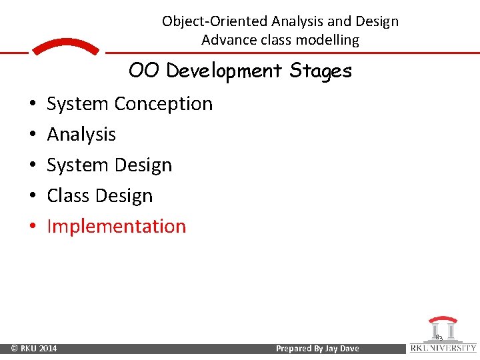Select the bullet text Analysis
click(81, 135)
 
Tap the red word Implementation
click(117, 227)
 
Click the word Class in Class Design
click(67, 196)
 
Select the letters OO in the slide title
click(145, 70)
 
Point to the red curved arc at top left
click(66, 46)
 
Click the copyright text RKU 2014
click(33, 349)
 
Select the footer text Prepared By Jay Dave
click(317, 349)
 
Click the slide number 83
click(439, 338)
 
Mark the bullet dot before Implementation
click(33, 227)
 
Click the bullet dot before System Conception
click(33, 105)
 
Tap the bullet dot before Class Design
click(33, 197)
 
